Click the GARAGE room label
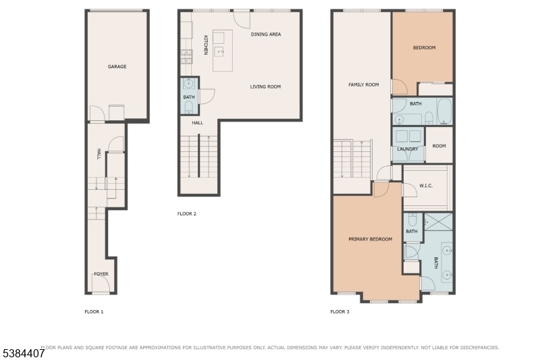tap(117, 66)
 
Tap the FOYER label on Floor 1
tap(101, 274)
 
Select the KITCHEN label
tap(206, 45)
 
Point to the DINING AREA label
tap(266, 34)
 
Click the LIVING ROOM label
tap(265, 87)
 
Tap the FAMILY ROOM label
tap(364, 84)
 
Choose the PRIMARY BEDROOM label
tap(371, 239)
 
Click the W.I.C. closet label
tap(426, 186)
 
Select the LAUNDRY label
tap(408, 149)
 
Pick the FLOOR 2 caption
tap(187, 213)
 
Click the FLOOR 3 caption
tap(340, 312)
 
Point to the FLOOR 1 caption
tap(94, 312)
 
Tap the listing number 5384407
tap(24, 353)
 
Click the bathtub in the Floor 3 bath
tap(444, 111)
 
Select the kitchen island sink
tap(220, 52)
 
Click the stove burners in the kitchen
tap(186, 57)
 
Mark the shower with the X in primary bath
tap(438, 222)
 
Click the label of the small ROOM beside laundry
tap(439, 146)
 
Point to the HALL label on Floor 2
tap(198, 123)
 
